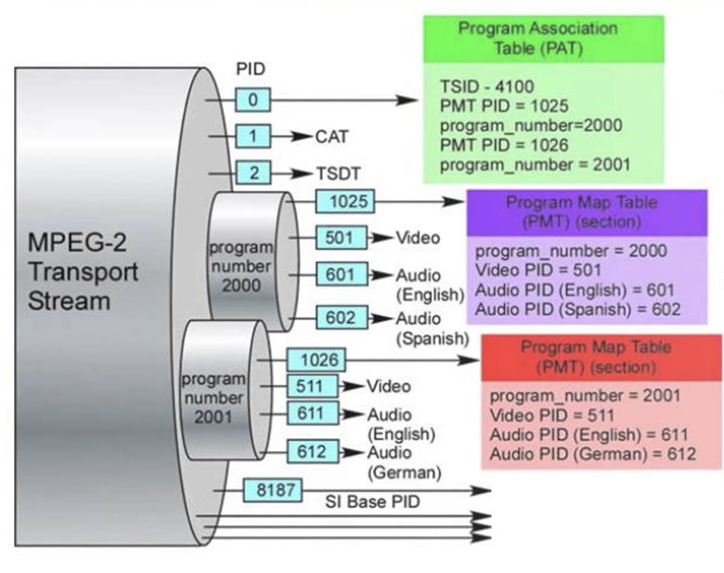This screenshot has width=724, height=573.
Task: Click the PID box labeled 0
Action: [x=252, y=98]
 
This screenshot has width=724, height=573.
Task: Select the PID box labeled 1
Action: [x=252, y=137]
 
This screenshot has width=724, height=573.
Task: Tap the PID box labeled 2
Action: [x=252, y=173]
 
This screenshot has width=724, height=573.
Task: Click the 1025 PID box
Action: [x=344, y=200]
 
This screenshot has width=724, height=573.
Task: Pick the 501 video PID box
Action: [x=339, y=238]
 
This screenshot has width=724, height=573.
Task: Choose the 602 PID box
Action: [x=341, y=318]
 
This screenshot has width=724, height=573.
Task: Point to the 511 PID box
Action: [x=310, y=385]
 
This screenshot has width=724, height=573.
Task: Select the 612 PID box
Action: [x=312, y=451]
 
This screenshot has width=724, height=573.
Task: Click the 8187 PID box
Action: [x=271, y=489]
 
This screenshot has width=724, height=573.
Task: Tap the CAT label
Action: [x=331, y=137]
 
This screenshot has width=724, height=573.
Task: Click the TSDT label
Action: [x=338, y=174]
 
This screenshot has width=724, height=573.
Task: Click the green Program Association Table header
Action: [x=543, y=38]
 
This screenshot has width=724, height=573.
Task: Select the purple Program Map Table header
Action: [x=586, y=212]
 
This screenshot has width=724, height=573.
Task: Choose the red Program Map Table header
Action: [x=596, y=357]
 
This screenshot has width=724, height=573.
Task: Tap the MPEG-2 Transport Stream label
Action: [x=83, y=272]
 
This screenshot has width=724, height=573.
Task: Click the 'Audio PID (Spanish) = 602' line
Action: [x=577, y=309]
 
